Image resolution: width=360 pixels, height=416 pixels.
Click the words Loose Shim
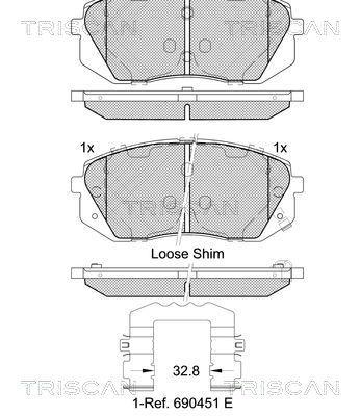click(187, 254)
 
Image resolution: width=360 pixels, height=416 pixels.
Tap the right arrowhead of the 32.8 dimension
click(214, 371)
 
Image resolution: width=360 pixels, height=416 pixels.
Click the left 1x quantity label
click(87, 148)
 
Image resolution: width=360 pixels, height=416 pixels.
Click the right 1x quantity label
click(280, 148)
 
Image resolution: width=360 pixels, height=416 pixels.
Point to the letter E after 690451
click(228, 403)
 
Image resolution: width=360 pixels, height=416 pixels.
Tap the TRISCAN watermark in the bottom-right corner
click(281, 387)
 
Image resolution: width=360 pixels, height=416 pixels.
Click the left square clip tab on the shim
click(124, 345)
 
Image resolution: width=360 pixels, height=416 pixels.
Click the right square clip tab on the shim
click(241, 345)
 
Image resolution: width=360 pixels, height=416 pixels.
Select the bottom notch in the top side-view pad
click(186, 111)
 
